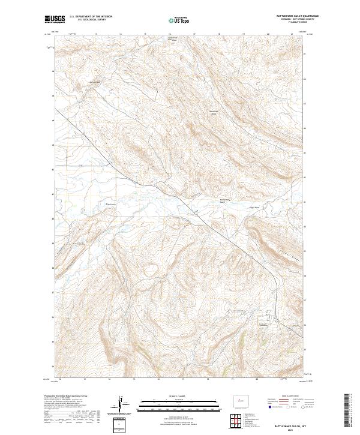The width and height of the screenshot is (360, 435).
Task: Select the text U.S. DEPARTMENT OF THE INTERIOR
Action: click(90, 16)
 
